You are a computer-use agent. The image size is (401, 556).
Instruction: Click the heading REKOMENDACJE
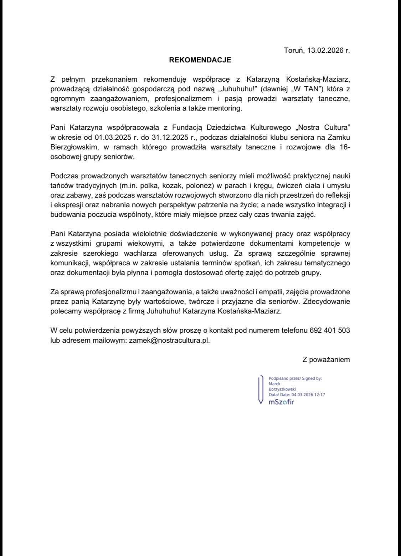(200, 60)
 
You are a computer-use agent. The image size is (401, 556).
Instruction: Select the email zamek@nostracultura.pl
(169, 340)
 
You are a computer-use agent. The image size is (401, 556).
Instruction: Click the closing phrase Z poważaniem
(326, 359)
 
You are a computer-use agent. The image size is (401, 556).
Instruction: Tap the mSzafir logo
(281, 402)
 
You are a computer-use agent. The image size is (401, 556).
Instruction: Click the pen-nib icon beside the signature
(261, 390)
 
